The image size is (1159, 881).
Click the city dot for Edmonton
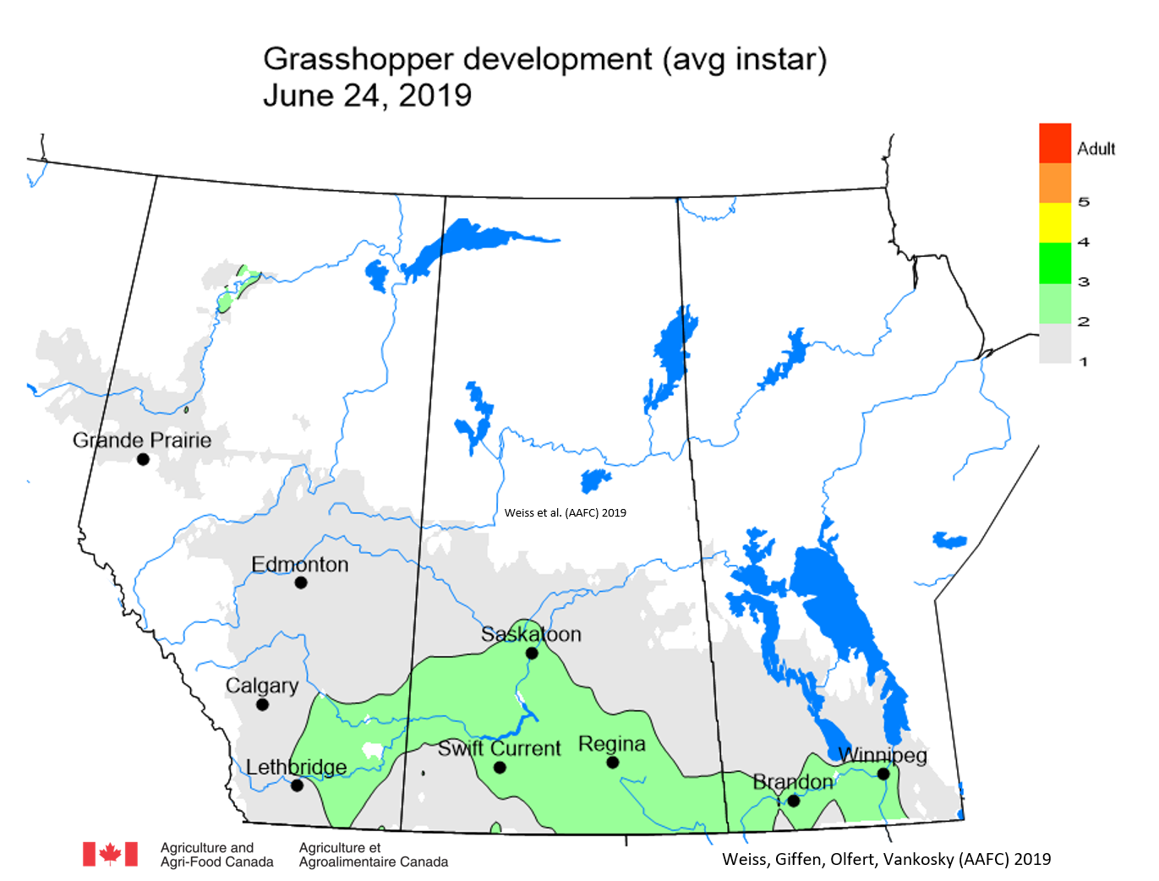click(x=301, y=583)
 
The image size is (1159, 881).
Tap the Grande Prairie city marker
click(x=143, y=459)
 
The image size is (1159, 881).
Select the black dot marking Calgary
click(x=262, y=704)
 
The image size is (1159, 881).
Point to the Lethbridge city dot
click(x=297, y=785)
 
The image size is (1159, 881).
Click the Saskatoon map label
click(x=531, y=634)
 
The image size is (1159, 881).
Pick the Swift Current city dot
click(x=500, y=768)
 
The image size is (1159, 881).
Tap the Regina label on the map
click(x=612, y=744)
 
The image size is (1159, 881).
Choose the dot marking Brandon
click(x=794, y=800)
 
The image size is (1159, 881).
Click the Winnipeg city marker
click(x=883, y=774)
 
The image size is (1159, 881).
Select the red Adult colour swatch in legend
click(x=1055, y=143)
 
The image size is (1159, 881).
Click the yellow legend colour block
click(x=1055, y=222)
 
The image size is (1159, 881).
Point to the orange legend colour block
click(x=1055, y=183)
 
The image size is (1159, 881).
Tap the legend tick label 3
click(x=1084, y=282)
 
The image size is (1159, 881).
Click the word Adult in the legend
click(x=1096, y=149)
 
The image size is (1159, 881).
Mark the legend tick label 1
click(x=1084, y=362)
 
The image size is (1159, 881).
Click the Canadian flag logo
click(x=110, y=854)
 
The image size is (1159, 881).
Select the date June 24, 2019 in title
click(x=367, y=96)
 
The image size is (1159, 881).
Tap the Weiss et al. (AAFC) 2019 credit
click(x=566, y=512)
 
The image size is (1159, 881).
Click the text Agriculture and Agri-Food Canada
click(x=216, y=854)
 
